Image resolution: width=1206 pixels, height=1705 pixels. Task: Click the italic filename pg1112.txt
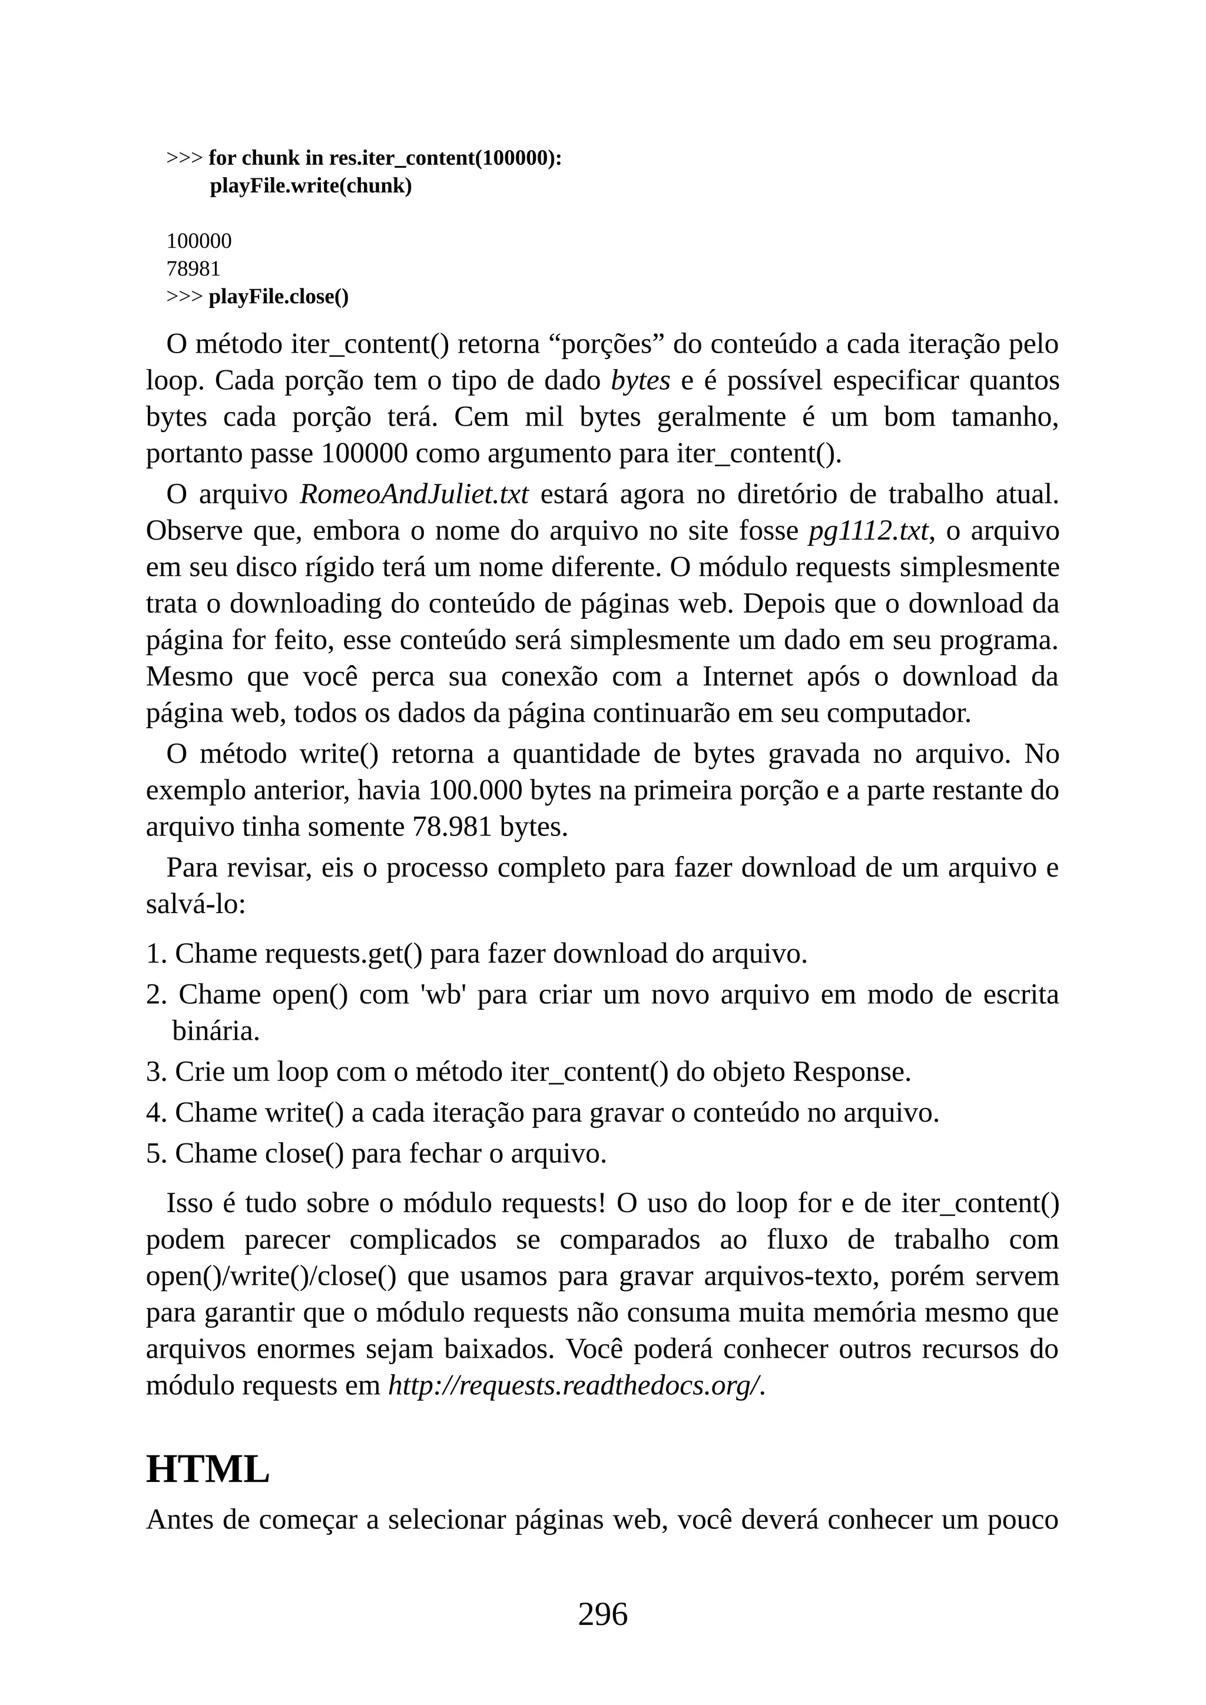tap(868, 531)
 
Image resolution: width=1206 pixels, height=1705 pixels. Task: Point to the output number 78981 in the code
tap(193, 269)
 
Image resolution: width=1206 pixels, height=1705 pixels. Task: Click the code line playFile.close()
tap(279, 297)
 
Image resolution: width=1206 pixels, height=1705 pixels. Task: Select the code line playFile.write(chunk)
tap(310, 185)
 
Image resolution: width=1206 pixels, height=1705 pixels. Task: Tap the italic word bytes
tap(640, 381)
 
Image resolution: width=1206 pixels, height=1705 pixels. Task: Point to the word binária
tap(216, 1031)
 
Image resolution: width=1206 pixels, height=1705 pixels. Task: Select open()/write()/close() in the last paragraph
tap(271, 1276)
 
